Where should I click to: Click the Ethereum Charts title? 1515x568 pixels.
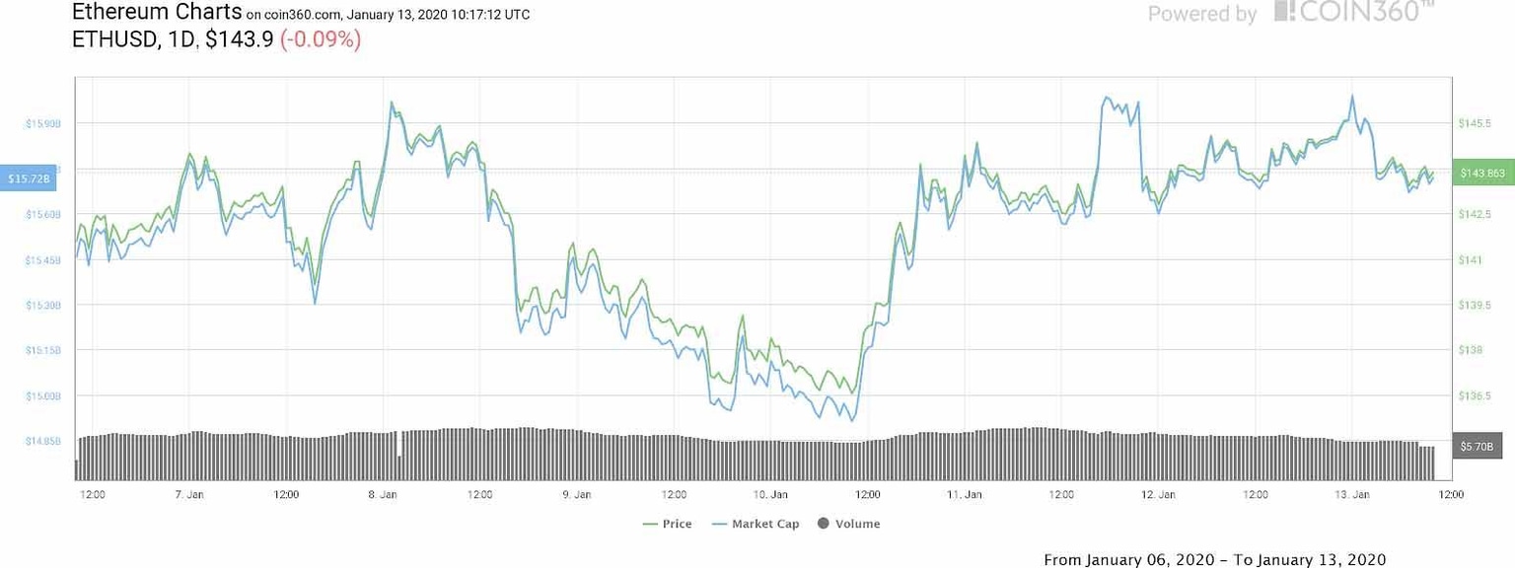pos(157,12)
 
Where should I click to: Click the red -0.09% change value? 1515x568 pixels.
pos(321,40)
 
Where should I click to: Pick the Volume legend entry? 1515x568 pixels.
pos(849,524)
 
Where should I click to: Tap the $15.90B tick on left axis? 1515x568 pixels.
pos(42,123)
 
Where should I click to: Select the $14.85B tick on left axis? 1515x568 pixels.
pos(42,441)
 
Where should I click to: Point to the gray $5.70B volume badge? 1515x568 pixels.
pos(1477,447)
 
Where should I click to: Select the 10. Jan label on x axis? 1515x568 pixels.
pos(771,494)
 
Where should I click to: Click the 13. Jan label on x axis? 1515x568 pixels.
pos(1353,494)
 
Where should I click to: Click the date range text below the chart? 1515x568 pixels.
pos(1214,559)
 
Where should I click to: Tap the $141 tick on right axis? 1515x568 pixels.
pos(1469,259)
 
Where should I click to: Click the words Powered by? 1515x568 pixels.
pos(1202,14)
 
